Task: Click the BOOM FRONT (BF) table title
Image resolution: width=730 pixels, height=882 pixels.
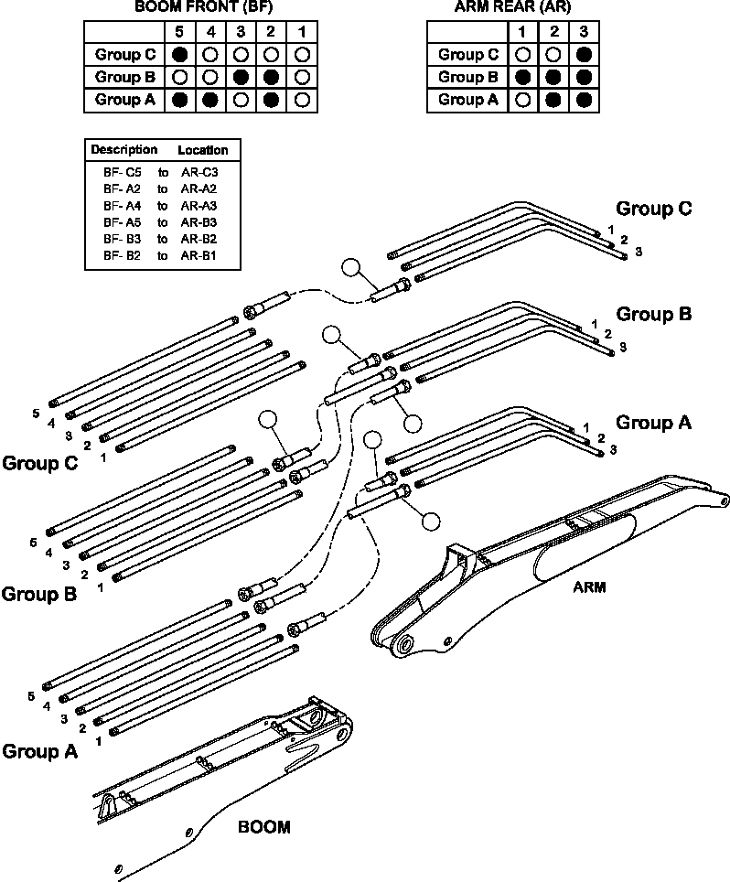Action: coord(203,6)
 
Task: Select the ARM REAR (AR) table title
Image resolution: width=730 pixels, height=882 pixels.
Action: coord(512,6)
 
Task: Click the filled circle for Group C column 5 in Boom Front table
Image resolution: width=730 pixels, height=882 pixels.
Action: coord(180,55)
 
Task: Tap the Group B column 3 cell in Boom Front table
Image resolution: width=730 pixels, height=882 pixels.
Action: coord(241,77)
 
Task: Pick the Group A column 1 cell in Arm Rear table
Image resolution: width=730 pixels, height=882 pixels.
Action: coord(523,100)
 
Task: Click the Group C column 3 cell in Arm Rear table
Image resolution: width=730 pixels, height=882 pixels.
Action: coord(584,55)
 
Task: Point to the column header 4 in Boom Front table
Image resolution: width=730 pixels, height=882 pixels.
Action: coord(211,31)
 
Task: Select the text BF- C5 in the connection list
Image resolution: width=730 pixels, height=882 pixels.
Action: coord(122,172)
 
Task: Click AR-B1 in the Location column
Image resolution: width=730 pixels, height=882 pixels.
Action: coord(199,255)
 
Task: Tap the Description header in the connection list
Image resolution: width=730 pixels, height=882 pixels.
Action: coord(124,150)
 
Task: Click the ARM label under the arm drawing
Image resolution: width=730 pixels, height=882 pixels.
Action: coord(589,587)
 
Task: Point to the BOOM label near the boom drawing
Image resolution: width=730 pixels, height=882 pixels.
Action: coord(264,827)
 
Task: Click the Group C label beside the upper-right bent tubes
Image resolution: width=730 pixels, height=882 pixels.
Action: coord(653,209)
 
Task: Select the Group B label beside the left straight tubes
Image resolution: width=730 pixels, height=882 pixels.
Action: coord(38,594)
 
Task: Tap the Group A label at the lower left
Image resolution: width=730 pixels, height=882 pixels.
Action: coord(39,751)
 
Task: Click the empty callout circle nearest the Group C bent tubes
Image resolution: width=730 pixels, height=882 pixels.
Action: coord(351,268)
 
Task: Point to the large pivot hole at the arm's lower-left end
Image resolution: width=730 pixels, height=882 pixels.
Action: coord(404,644)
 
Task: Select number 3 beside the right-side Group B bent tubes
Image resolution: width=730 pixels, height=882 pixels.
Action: coord(623,348)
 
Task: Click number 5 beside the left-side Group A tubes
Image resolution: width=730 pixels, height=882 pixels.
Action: coord(31,696)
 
